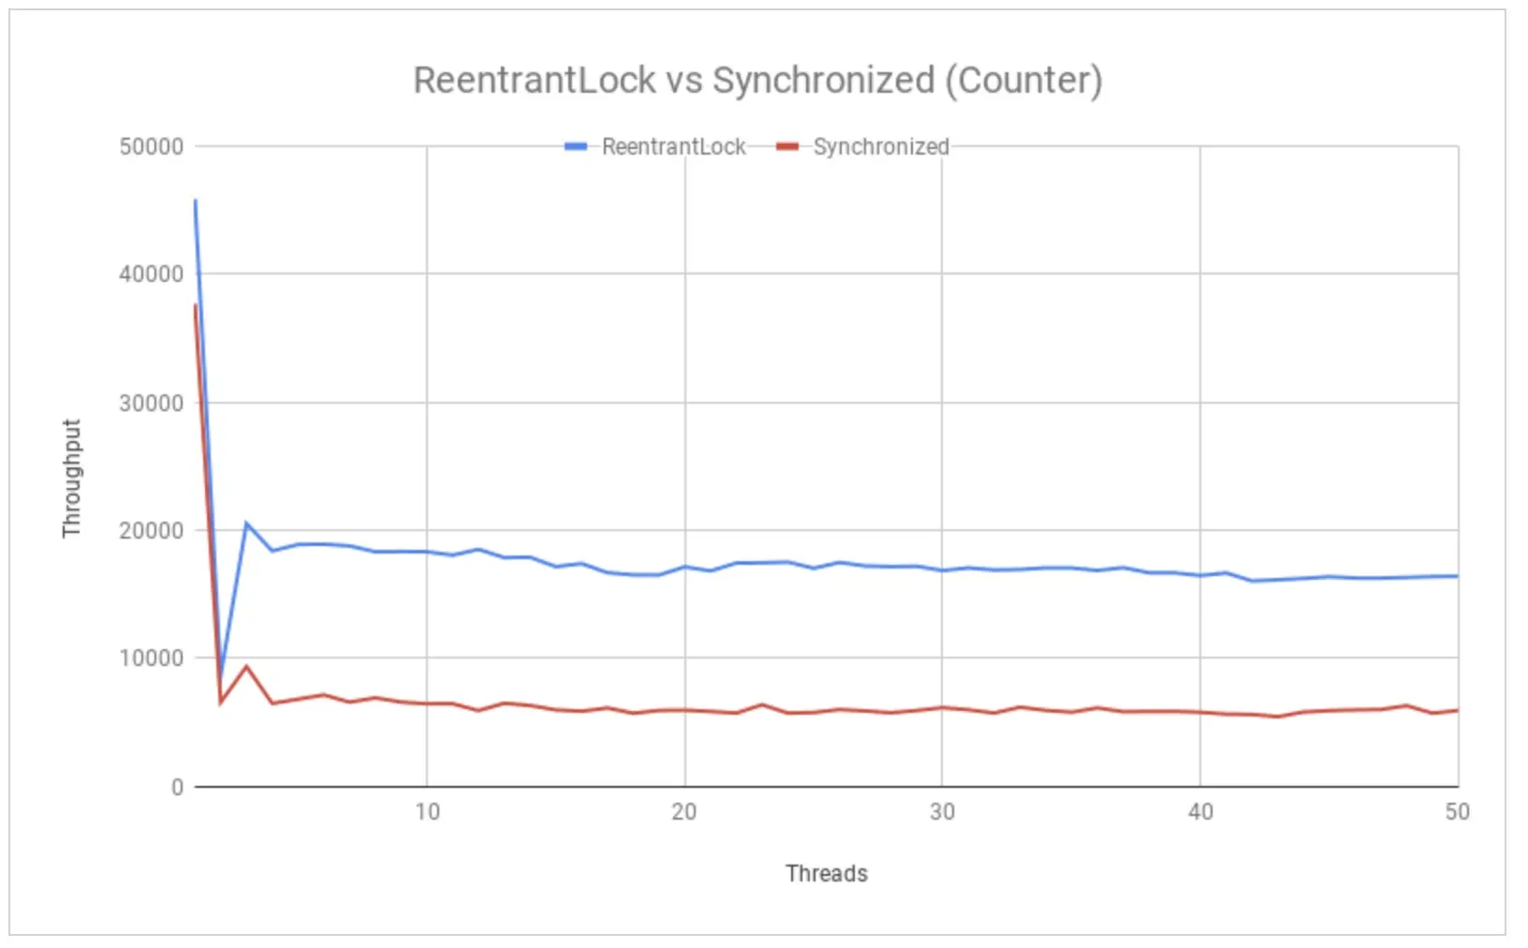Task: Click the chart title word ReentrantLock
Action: (534, 81)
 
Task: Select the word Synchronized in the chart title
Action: (823, 81)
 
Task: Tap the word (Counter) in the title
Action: (1023, 81)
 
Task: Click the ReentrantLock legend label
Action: (673, 147)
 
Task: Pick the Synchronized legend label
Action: (880, 147)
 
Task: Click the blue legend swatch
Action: (576, 147)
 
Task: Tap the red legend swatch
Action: (787, 147)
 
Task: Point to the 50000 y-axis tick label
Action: (151, 147)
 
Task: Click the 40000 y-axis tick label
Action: (151, 274)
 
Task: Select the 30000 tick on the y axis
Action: (151, 403)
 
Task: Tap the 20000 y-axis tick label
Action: (151, 531)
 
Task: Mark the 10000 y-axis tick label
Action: (151, 659)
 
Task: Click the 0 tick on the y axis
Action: (177, 788)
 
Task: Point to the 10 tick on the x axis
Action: (427, 812)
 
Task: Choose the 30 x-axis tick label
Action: (942, 812)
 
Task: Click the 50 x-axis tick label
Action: (1457, 812)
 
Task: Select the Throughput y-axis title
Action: (72, 478)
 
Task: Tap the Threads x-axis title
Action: (826, 874)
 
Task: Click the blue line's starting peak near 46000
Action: (195, 200)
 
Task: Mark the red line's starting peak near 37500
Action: (195, 305)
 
